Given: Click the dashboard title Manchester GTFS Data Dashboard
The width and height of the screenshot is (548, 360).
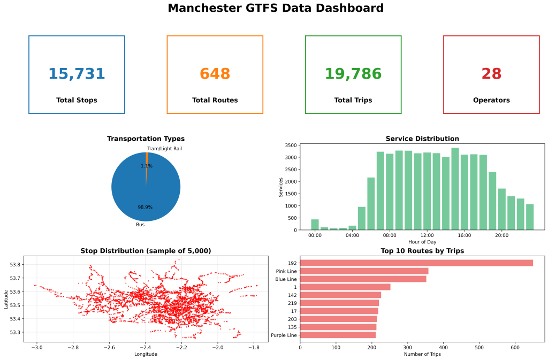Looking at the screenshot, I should pos(276,8).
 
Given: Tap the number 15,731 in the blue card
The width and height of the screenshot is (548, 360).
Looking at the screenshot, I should pos(77,74).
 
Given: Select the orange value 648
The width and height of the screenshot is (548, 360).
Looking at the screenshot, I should pos(215,74).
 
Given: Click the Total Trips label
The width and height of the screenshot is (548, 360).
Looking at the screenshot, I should pos(353,100).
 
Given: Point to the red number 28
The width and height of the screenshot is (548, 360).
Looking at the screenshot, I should pos(491,74).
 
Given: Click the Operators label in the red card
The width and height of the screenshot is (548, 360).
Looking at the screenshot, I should pos(491,100).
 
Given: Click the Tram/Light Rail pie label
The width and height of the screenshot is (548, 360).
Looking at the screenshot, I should pos(164,148).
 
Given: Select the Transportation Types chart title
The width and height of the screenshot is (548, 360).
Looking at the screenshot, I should pos(146,139).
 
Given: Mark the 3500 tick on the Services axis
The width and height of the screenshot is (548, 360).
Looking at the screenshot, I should pos(291,145).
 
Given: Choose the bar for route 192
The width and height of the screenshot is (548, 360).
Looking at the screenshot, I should pos(416,263).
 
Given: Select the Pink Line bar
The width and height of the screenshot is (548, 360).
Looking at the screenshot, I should pos(364,271).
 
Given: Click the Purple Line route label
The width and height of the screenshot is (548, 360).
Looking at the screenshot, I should pos(284,335).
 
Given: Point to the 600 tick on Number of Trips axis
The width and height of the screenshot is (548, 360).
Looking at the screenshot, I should pos(515,347).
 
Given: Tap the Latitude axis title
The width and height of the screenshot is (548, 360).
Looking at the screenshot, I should pos(6,298).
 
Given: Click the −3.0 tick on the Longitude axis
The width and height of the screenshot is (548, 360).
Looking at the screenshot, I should pos(36,347).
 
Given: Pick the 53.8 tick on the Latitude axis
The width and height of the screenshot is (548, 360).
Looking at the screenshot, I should pos(16,265).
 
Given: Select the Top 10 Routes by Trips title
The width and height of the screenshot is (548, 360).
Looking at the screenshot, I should pos(422,250).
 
